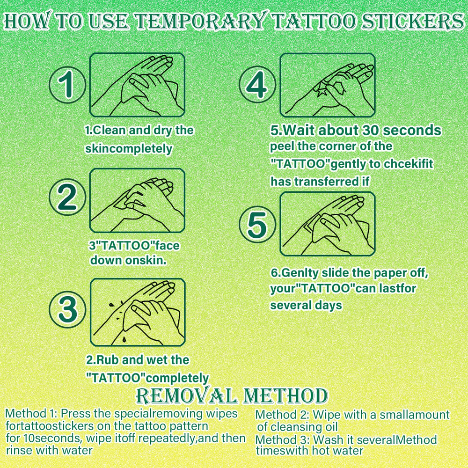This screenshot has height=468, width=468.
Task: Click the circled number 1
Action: (x=67, y=85)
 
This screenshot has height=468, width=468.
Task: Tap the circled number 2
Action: (x=67, y=197)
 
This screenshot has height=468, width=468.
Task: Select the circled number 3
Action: (x=67, y=309)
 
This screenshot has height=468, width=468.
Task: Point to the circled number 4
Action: (x=257, y=84)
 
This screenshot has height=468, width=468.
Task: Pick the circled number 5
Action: (x=257, y=225)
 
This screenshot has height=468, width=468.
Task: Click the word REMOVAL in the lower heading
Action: (x=187, y=396)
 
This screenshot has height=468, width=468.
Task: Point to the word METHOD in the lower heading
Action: (x=285, y=396)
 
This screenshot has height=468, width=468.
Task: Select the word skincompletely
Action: (x=129, y=149)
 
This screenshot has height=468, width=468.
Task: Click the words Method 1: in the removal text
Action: (x=31, y=414)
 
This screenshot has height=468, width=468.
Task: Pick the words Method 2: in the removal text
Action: (x=282, y=415)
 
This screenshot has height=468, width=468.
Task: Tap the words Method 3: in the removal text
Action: (x=282, y=440)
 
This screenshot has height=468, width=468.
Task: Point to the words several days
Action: (x=306, y=305)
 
